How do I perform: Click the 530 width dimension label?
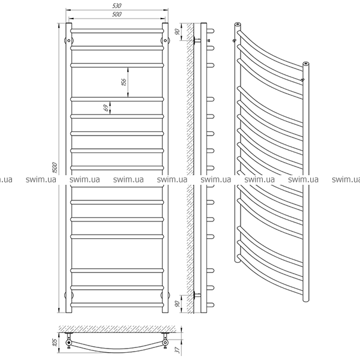point(117,6)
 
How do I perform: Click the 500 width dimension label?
point(117,14)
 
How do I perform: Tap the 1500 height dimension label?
point(55,168)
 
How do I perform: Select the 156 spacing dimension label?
point(124,82)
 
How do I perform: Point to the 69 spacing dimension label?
point(106,108)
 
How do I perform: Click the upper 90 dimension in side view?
point(177,32)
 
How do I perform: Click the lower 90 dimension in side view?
point(177,304)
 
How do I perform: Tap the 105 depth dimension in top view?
point(55,343)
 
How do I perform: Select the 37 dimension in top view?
point(177,350)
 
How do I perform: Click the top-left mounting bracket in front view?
point(68,41)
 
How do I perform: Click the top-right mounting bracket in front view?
point(166,41)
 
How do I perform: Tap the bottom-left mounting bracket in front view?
point(68,295)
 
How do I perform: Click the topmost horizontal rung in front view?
point(117,31)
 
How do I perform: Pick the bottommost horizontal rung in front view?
point(117,305)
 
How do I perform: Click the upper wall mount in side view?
point(197,41)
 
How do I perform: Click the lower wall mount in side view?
point(197,295)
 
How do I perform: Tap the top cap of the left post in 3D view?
point(238,24)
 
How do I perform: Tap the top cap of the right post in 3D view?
point(306,63)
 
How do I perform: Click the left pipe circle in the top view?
point(69,343)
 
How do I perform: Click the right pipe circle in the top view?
point(165,343)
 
